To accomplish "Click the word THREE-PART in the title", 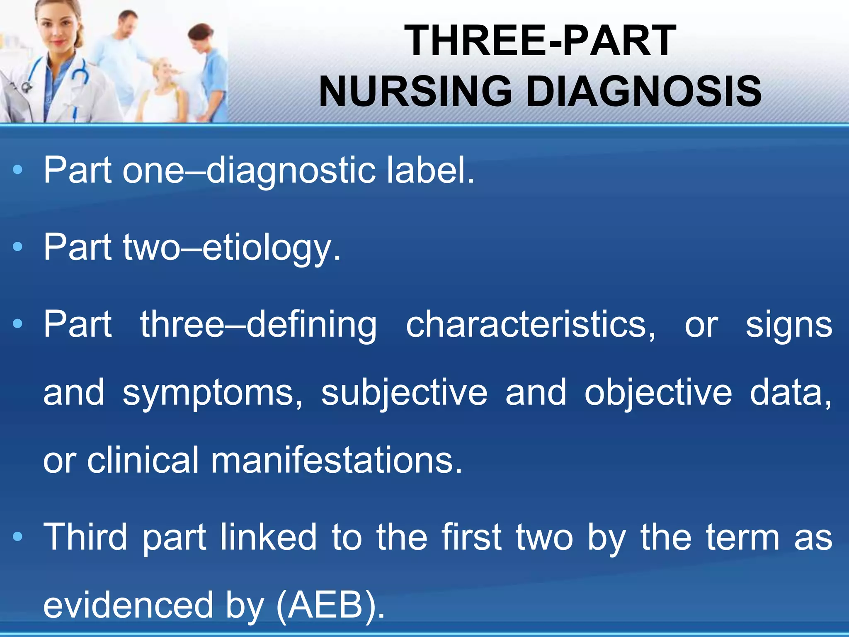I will point(540,40).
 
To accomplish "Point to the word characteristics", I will point(530,324).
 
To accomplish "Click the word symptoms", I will point(212,393).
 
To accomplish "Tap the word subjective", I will point(404,393).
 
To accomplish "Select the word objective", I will point(658,393).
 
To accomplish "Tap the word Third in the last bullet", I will point(85,537).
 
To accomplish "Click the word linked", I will point(269,537).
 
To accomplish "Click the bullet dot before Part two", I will point(17,247).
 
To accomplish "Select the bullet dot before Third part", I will point(17,537).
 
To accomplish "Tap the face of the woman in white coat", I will point(56,29).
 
